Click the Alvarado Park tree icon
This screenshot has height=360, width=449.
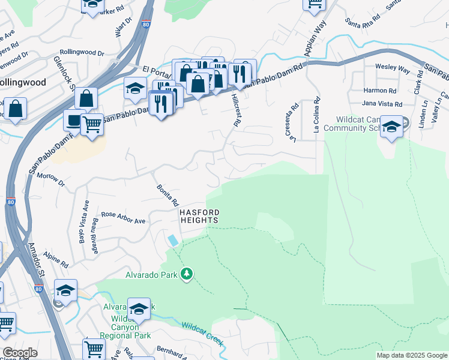187,274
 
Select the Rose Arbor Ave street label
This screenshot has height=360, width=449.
123,217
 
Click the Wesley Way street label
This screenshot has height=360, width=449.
393,67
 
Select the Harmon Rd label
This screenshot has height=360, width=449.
380,91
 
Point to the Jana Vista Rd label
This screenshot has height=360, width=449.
382,104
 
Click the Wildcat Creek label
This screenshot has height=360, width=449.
203,334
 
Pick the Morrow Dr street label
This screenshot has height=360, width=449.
50,178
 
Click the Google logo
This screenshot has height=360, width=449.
20,353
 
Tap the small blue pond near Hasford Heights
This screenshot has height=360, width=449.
173,240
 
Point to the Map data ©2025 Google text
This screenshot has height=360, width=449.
412,355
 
